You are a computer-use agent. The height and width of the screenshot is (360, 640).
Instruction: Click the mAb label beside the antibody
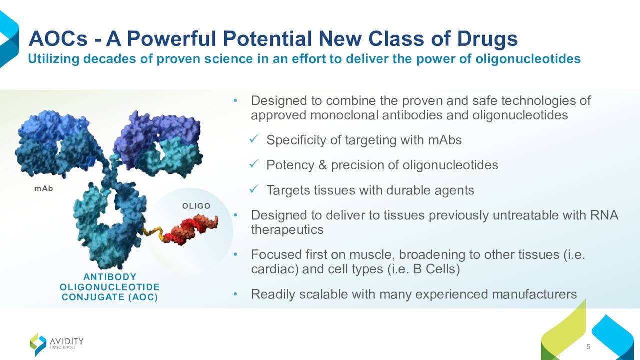(43, 189)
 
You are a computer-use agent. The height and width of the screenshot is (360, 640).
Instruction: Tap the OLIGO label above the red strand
(196, 206)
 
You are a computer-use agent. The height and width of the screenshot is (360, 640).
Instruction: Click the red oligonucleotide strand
(191, 230)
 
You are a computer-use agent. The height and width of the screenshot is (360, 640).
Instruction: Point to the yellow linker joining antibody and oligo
(153, 233)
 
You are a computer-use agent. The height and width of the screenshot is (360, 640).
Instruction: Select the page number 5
(588, 347)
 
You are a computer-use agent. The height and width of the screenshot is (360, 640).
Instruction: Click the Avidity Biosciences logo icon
(38, 344)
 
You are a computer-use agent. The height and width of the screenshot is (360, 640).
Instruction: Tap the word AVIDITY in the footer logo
(67, 341)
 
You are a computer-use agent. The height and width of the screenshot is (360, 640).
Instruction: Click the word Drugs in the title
(487, 39)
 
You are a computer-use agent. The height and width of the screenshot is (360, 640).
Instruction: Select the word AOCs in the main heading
(58, 39)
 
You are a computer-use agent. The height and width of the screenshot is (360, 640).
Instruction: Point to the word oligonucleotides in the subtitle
(528, 59)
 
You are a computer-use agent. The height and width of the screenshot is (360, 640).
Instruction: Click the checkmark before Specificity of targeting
(253, 139)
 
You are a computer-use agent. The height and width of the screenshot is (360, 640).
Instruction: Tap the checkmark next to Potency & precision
(253, 164)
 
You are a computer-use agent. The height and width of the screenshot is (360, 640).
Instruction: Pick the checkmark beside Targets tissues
(253, 189)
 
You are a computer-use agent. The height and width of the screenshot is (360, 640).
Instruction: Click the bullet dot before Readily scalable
(235, 294)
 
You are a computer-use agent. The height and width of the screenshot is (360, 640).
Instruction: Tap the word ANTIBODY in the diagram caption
(110, 277)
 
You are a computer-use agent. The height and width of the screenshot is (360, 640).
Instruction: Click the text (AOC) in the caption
(143, 297)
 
